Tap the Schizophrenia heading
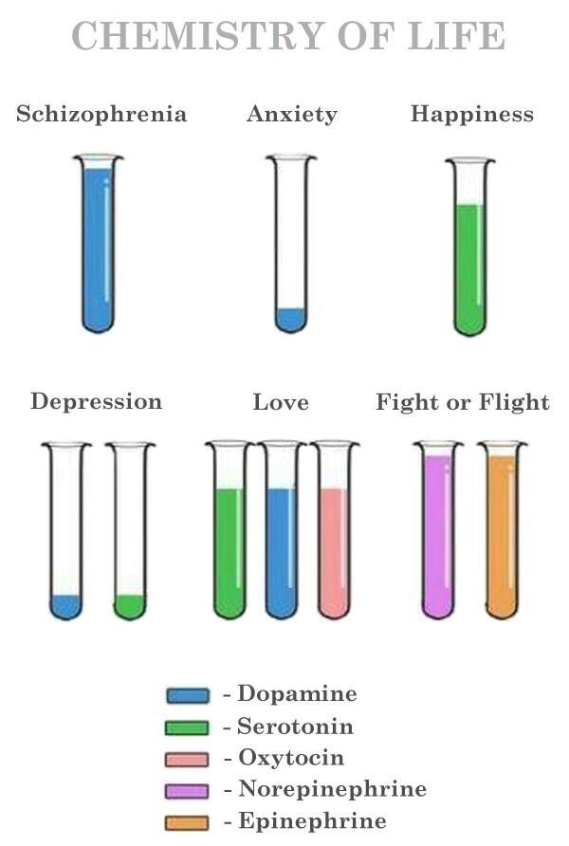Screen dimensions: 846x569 [x=101, y=115]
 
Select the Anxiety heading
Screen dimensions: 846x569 [x=291, y=115]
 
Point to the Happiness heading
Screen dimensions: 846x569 [x=471, y=115]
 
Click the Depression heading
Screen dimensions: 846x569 [x=96, y=401]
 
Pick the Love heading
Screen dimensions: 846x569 [x=281, y=402]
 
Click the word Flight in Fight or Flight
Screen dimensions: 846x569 [x=513, y=402]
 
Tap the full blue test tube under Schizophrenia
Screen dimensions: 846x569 [x=98, y=247]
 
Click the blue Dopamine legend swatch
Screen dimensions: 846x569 [x=188, y=695]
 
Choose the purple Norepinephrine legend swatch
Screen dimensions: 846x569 [x=188, y=790]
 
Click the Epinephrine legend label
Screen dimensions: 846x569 [x=311, y=821]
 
